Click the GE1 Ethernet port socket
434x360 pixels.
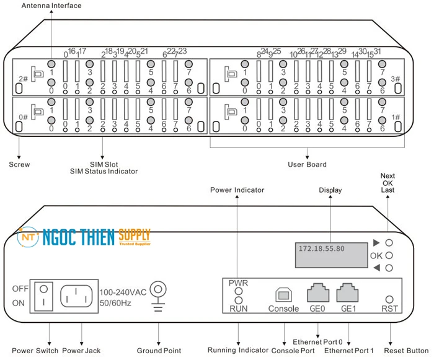pos(347,292)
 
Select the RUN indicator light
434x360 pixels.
pos(238,300)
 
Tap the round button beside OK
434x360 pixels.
pos(389,255)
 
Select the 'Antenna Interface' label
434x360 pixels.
pos(51,6)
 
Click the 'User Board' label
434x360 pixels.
pos(308,165)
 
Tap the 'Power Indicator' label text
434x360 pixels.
pos(237,190)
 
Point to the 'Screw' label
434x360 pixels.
pos(20,165)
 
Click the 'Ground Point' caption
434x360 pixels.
pos(159,351)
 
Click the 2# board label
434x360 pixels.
pos(23,79)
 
